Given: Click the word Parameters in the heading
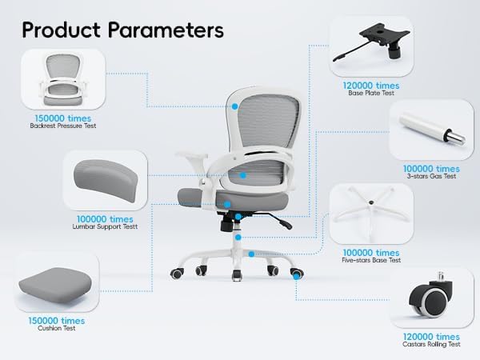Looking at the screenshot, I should click(x=166, y=30).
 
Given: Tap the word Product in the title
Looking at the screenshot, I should click(x=63, y=30).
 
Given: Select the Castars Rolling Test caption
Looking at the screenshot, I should click(x=431, y=344).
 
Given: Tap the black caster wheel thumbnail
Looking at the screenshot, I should click(x=428, y=298).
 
